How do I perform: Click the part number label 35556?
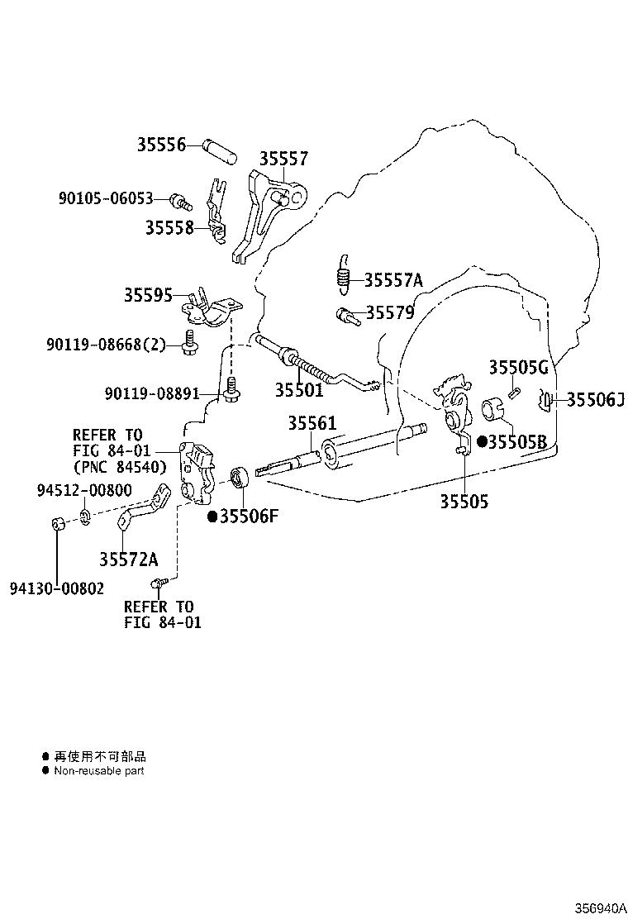pos(161,144)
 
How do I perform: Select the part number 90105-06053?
pos(106,198)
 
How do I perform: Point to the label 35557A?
pos(393,280)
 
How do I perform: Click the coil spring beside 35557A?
pos(344,273)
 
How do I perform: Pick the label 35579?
pos(390,312)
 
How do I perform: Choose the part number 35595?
pos(148,295)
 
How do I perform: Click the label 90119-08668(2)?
pos(106,344)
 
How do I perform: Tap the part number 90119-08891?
pos(152,393)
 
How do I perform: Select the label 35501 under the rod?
pos(299,390)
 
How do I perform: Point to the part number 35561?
pos(312,422)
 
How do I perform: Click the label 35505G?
pos(518,368)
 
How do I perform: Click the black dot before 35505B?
pos(482,442)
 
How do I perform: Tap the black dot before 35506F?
pos(213,517)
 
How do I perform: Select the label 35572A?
pos(128,559)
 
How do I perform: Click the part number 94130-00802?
pos(57,588)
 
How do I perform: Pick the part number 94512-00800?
pos(84,490)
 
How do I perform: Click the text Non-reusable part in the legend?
pos(99,771)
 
